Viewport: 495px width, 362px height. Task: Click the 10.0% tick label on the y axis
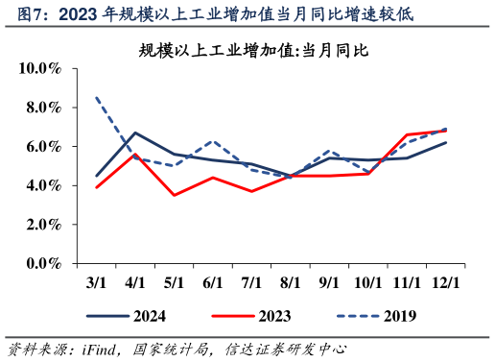[41, 68]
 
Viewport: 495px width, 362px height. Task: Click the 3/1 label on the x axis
[96, 283]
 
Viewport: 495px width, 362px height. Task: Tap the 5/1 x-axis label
[174, 283]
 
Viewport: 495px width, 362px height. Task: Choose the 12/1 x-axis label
[445, 283]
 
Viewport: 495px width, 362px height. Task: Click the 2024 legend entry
[125, 315]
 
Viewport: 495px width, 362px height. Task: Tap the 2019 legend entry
[373, 315]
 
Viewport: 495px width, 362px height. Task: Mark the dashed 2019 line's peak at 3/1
[97, 97]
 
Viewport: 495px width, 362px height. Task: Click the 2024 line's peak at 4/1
[135, 133]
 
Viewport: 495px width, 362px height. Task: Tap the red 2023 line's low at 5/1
[174, 195]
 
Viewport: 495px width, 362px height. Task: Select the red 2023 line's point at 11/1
[407, 134]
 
